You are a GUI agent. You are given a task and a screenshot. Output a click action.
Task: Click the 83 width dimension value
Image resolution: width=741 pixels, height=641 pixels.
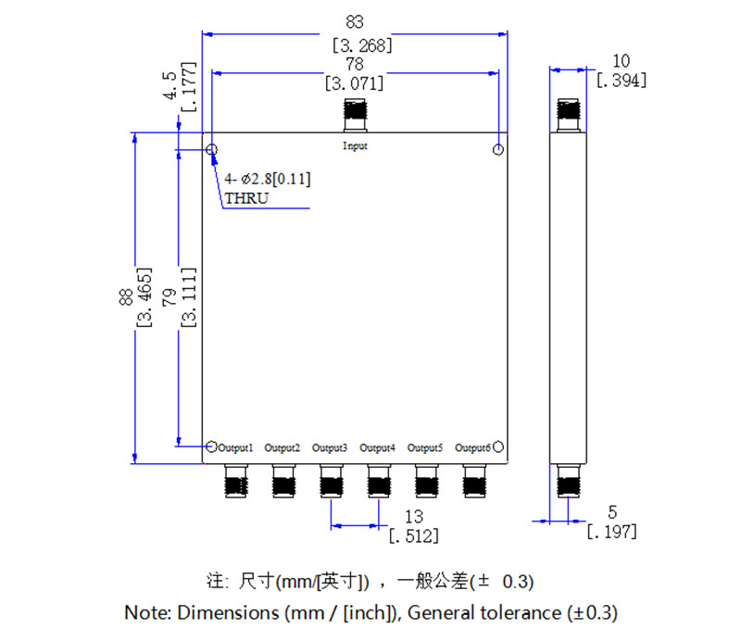click(x=355, y=19)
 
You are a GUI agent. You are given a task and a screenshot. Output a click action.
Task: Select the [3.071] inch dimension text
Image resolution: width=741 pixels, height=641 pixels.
click(x=355, y=83)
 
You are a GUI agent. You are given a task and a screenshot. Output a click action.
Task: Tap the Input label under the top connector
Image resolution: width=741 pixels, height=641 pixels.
click(x=355, y=146)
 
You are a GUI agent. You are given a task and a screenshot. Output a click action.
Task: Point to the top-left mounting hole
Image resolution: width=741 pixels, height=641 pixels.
click(x=212, y=150)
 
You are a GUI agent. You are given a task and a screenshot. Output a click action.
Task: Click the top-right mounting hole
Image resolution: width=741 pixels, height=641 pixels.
click(x=498, y=150)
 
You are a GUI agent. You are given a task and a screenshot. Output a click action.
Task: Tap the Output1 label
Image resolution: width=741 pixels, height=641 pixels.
click(x=235, y=448)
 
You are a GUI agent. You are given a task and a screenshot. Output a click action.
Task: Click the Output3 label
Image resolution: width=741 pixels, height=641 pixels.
click(x=330, y=448)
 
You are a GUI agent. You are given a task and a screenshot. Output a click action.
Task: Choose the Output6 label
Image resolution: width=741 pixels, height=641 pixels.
click(x=472, y=448)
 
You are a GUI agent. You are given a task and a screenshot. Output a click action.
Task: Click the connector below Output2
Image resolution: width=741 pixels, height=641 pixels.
click(x=283, y=482)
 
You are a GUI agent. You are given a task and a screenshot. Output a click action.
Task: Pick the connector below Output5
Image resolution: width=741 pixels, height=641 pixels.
click(x=426, y=482)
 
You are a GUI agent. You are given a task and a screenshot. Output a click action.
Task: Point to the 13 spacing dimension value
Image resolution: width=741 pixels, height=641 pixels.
click(x=414, y=516)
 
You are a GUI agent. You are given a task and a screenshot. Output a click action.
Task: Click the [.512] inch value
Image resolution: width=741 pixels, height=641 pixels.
click(x=414, y=535)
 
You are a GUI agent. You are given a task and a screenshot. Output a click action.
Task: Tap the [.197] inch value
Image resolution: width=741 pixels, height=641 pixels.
click(x=611, y=531)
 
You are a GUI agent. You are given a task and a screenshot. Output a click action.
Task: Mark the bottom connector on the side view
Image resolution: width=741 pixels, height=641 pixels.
click(x=569, y=483)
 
